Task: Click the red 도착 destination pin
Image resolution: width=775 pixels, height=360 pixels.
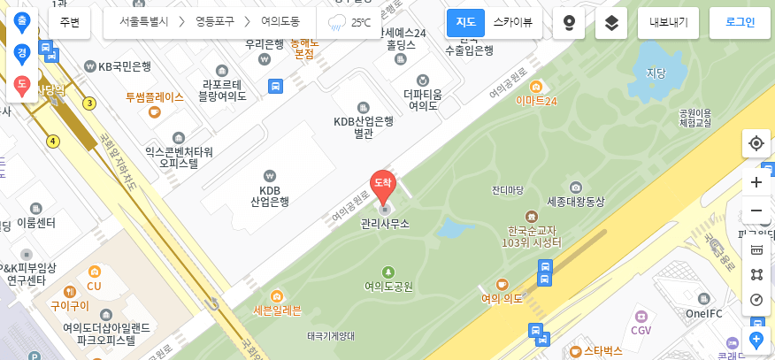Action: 382,184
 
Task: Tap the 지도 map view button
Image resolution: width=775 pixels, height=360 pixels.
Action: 465,22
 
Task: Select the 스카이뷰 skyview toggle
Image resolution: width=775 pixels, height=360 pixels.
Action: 512,22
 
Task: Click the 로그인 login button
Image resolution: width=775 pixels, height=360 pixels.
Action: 740,22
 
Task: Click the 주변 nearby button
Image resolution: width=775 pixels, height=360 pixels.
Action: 69,22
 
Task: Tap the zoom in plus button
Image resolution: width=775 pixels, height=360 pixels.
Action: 756,182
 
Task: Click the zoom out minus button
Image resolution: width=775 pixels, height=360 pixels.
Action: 756,211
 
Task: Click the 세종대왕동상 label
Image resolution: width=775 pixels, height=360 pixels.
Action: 575,202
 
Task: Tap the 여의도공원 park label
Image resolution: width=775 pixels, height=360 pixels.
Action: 388,286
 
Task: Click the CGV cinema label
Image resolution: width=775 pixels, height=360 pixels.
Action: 641,330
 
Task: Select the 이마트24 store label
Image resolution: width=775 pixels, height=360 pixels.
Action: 536,100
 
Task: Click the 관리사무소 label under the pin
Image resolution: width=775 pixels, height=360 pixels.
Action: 385,224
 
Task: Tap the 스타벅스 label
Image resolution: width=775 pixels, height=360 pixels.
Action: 602,351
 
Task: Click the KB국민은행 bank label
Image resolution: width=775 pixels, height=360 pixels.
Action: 124,66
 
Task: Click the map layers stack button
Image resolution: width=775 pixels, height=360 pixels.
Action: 611,23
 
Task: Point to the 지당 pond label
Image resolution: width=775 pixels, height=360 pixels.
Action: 656,73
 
